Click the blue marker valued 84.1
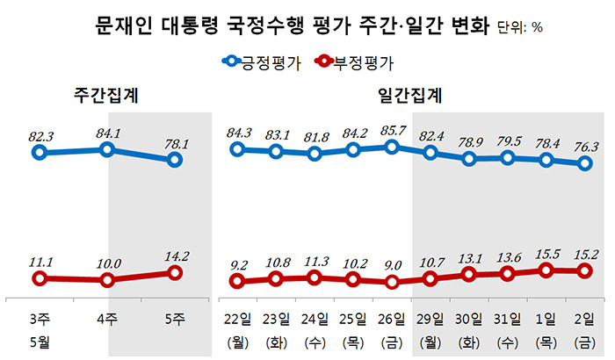click(x=107, y=149)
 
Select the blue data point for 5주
click(x=175, y=160)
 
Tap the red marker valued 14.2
click(x=175, y=273)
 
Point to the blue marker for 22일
click(x=237, y=149)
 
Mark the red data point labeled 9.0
click(x=393, y=283)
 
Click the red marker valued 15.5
click(x=546, y=270)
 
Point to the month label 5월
click(x=40, y=340)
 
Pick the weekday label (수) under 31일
click(x=508, y=340)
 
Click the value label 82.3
click(x=40, y=136)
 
